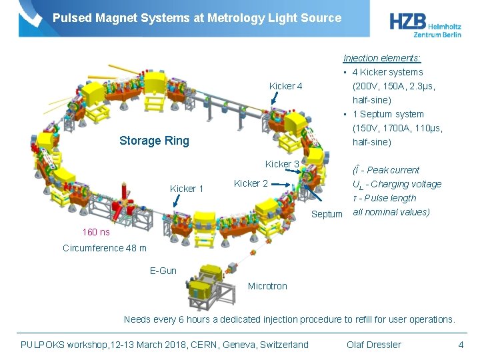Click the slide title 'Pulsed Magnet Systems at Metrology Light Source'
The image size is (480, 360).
click(x=197, y=18)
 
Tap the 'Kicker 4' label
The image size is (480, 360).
click(x=285, y=86)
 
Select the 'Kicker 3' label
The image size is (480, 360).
click(x=282, y=164)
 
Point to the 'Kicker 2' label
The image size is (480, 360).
click(x=251, y=183)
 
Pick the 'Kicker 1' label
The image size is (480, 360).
click(x=187, y=189)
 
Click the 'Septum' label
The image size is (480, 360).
click(x=327, y=214)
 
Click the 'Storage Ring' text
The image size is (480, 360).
click(x=154, y=141)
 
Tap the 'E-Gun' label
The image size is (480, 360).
click(x=163, y=270)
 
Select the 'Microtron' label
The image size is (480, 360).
click(x=267, y=286)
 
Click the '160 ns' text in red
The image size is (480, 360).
click(x=96, y=232)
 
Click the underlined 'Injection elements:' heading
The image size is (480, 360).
click(x=382, y=58)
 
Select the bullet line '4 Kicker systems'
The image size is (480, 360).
click(x=387, y=72)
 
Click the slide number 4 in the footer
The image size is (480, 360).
click(x=461, y=345)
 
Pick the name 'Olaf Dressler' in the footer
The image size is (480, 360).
click(x=374, y=345)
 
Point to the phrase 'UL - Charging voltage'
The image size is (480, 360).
click(x=397, y=184)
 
